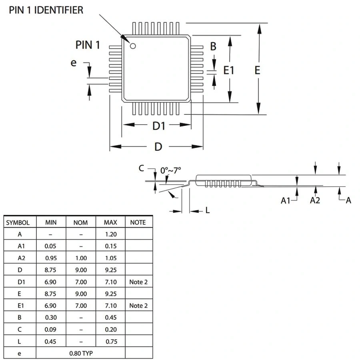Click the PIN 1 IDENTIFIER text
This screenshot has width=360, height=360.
click(46, 10)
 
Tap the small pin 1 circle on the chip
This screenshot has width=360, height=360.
click(132, 45)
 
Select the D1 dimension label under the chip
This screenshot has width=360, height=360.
click(159, 126)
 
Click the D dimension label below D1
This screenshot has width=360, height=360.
click(158, 147)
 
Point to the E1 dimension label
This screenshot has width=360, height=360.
click(228, 70)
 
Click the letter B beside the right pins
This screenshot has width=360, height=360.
click(213, 46)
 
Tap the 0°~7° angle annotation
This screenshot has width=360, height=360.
click(171, 170)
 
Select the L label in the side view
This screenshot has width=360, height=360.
click(207, 210)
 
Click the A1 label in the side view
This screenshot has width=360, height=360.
click(285, 200)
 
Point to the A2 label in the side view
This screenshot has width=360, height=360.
click(315, 200)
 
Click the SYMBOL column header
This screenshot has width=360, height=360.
click(18, 222)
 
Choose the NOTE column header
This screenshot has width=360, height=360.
click(138, 222)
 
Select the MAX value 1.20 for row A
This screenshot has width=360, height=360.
click(110, 234)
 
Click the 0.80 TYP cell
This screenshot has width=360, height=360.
click(80, 353)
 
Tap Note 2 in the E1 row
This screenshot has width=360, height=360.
click(138, 306)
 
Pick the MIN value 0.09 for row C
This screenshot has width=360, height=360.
click(50, 330)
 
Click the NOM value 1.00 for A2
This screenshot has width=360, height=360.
click(81, 258)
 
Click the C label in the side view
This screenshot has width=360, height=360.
click(141, 168)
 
